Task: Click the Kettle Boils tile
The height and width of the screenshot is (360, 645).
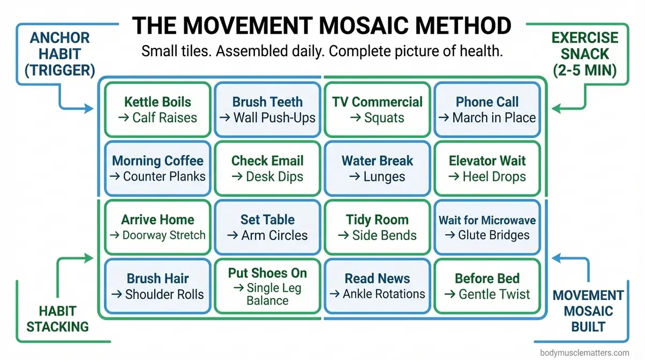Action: click(x=157, y=109)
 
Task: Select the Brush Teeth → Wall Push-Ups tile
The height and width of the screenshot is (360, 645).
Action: click(x=267, y=109)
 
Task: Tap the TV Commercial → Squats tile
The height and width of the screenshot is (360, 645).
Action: click(x=377, y=109)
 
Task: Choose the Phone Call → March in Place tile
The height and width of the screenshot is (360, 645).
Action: click(x=486, y=109)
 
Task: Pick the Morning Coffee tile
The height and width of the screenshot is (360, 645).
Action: click(x=157, y=168)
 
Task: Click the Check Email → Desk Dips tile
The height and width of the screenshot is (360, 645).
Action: click(x=267, y=168)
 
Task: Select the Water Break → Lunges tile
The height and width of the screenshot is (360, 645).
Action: click(x=377, y=168)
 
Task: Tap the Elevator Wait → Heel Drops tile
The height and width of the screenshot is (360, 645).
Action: click(x=486, y=168)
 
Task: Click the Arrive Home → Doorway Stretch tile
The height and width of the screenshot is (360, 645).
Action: click(x=157, y=227)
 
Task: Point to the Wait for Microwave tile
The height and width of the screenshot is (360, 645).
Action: click(x=486, y=227)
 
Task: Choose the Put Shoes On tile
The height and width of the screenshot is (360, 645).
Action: click(x=267, y=286)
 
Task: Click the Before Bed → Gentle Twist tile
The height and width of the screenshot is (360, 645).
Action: click(x=486, y=286)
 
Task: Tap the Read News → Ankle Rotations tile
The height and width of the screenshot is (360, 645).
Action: click(x=377, y=286)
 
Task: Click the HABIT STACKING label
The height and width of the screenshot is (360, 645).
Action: click(x=57, y=318)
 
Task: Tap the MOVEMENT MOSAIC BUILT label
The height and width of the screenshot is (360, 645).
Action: click(x=588, y=311)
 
